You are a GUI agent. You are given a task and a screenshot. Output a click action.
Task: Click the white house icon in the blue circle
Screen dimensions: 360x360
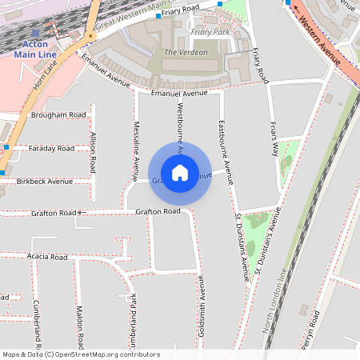click(180, 172)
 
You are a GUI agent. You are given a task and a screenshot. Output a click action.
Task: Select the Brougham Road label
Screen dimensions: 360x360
click(58, 115)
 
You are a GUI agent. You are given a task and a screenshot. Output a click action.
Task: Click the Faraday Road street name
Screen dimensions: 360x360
click(50, 149)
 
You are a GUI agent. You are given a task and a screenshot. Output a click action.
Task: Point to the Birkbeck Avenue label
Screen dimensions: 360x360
click(44, 182)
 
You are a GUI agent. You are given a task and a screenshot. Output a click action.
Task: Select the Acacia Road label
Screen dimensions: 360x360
click(46, 257)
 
